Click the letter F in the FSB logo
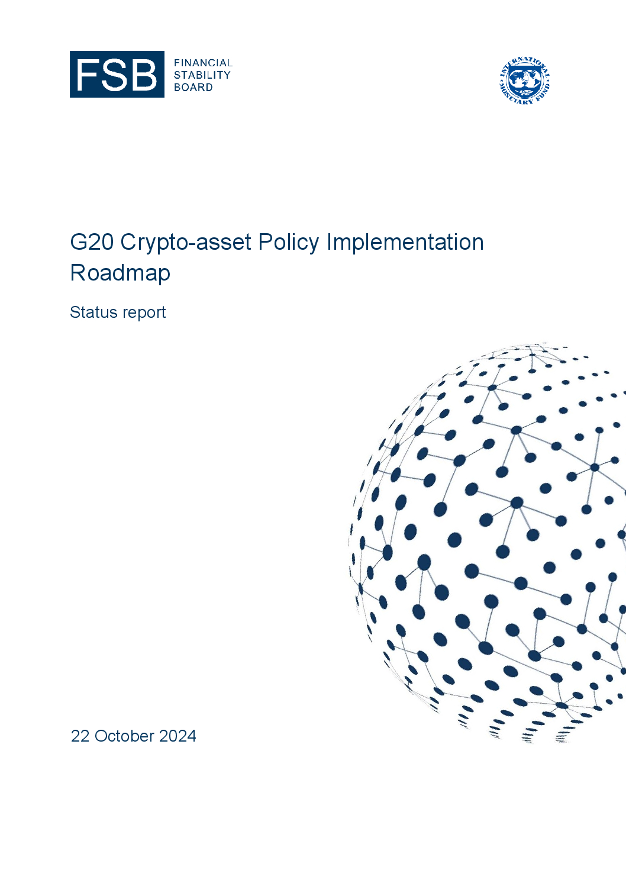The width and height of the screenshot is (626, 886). click(88, 75)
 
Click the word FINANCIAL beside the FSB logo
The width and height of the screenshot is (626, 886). click(204, 63)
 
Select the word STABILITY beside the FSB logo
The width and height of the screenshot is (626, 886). click(202, 75)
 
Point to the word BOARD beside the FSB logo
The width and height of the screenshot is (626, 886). click(193, 88)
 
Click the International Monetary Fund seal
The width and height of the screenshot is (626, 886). click(524, 81)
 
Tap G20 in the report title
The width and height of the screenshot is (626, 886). click(92, 242)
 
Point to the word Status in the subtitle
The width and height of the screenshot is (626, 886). click(93, 312)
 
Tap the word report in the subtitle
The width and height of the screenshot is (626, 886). click(144, 314)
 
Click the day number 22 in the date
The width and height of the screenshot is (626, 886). click(80, 736)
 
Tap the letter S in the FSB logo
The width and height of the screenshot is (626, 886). click(114, 75)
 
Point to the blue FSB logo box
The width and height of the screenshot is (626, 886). click(117, 75)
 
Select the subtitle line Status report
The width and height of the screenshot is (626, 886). click(118, 313)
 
